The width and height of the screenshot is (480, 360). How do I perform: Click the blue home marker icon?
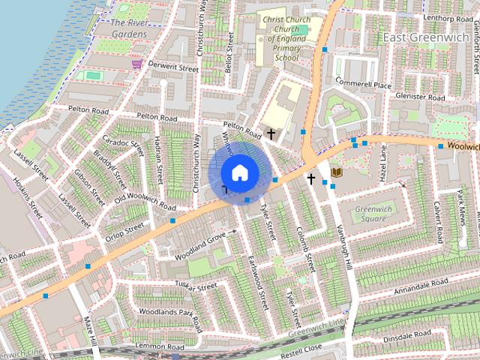click(x=239, y=173)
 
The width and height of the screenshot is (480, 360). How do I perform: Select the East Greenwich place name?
click(x=425, y=37)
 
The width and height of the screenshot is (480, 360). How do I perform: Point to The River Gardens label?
click(x=128, y=28)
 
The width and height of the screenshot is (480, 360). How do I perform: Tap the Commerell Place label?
click(x=364, y=84)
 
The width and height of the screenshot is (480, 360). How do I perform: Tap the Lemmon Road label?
click(x=161, y=347)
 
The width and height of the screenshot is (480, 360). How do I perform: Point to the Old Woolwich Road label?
click(x=145, y=201)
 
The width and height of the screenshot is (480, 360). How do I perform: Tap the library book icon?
click(x=337, y=172)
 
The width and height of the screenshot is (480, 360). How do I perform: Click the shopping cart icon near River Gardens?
click(x=136, y=64)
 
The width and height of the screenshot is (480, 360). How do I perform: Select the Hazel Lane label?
click(x=382, y=164)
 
